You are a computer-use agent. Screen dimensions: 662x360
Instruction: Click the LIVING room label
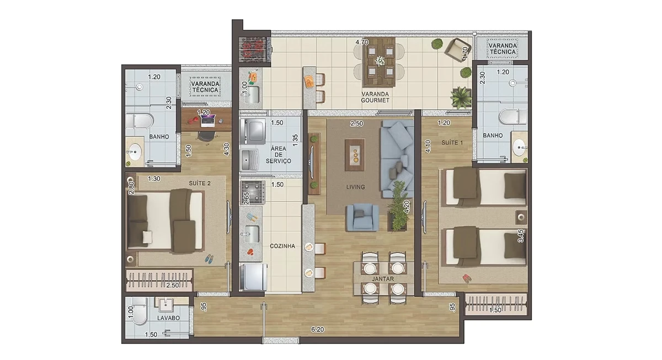tap(355, 187)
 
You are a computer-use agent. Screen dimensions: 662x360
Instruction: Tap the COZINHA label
tap(282, 246)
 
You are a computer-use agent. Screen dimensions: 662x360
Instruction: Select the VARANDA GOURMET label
tap(375, 97)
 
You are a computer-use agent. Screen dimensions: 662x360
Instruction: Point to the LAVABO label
tap(168, 318)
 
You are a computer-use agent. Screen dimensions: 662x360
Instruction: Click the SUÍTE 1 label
tap(452, 143)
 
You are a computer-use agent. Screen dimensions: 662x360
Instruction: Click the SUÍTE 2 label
tap(200, 183)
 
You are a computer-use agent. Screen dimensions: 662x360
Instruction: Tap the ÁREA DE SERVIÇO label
tap(278, 155)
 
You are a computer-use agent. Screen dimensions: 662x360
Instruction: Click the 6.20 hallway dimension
tap(317, 329)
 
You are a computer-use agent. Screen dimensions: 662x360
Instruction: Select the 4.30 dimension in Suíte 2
tap(226, 149)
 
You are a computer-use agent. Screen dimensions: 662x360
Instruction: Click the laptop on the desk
tap(208, 121)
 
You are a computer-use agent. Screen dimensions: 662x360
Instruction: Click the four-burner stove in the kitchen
tap(253, 192)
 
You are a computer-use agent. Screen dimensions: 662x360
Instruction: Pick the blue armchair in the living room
tap(362, 217)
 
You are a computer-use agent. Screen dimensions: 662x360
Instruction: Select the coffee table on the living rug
tap(355, 155)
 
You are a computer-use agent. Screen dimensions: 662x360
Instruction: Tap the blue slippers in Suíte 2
tap(209, 259)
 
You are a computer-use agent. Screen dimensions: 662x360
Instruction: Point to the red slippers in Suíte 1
tap(466, 278)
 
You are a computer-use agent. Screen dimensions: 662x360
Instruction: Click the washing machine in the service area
tap(253, 131)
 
